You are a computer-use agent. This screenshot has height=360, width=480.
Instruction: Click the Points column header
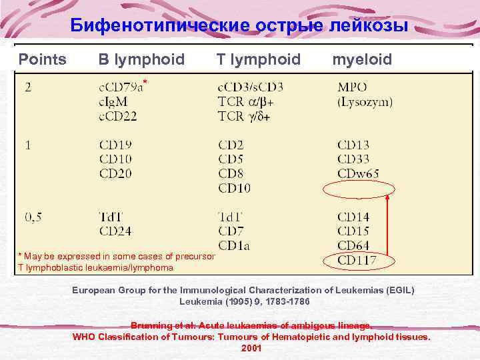click(x=42, y=60)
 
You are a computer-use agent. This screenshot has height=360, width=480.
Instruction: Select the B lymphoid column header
click(x=141, y=60)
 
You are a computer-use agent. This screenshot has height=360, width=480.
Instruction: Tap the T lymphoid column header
click(x=258, y=60)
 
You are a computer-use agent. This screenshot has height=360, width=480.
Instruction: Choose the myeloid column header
click(x=362, y=60)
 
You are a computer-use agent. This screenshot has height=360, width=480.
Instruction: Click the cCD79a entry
click(x=121, y=87)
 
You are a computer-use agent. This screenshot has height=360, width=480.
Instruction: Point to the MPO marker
click(x=352, y=87)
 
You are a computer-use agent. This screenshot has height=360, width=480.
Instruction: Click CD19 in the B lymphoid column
click(x=115, y=144)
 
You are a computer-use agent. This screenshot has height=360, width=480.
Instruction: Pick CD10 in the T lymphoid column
click(x=234, y=189)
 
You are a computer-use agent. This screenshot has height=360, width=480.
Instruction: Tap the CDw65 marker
click(x=358, y=173)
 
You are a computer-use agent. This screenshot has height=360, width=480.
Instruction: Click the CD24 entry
click(x=115, y=231)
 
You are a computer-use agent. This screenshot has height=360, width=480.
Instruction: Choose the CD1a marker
click(x=234, y=246)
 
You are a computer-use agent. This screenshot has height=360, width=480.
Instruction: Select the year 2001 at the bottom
click(x=251, y=348)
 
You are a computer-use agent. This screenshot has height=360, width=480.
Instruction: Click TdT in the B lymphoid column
click(x=111, y=217)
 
